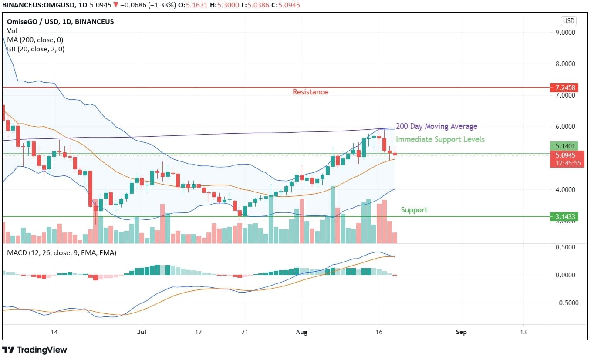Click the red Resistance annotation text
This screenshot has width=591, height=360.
[310, 92]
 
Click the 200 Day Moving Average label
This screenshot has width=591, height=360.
[436, 126]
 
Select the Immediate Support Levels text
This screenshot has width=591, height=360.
[440, 139]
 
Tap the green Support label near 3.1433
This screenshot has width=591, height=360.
[414, 210]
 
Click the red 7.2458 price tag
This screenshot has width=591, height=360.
[566, 87]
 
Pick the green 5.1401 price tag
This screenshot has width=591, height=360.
[566, 146]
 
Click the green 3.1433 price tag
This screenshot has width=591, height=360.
[566, 216]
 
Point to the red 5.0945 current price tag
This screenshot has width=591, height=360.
[566, 155]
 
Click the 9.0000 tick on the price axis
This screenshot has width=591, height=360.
[565, 33]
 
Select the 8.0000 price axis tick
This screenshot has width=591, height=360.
[565, 64]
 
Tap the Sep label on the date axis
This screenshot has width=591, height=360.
[461, 332]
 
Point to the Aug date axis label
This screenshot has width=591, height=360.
[301, 332]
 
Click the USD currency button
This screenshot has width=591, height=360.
[568, 21]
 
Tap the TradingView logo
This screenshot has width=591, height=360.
[35, 350]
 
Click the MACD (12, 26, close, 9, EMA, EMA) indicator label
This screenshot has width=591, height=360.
[61, 253]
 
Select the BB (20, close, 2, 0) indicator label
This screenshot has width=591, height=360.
[36, 49]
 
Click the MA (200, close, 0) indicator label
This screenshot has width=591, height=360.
[35, 40]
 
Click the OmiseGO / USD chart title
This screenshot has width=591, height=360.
[61, 21]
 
